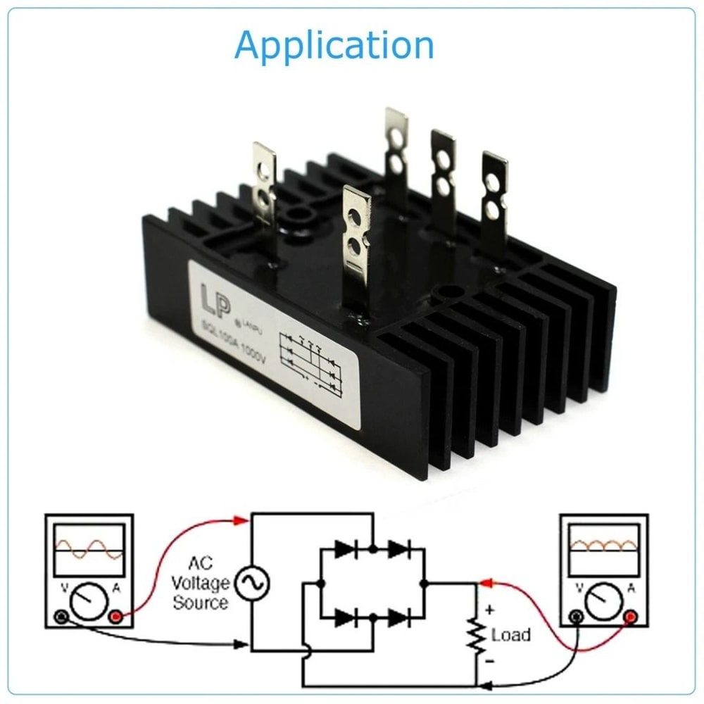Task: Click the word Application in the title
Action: coord(334,46)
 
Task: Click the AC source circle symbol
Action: coord(251,583)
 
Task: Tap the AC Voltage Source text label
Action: coord(201,583)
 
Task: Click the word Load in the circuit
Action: coord(510,635)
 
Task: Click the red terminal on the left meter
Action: coord(117,617)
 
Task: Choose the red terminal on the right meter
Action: coord(631,617)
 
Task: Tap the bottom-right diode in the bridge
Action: coord(398,618)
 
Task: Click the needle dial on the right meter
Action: coord(603,603)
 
